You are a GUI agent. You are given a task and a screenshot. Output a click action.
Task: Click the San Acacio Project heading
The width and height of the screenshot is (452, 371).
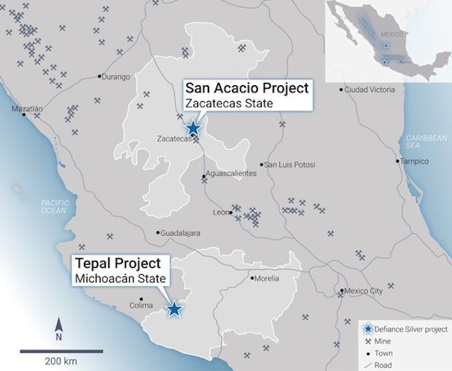[246, 88]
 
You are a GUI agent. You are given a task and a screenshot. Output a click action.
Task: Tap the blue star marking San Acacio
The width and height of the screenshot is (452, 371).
[193, 129]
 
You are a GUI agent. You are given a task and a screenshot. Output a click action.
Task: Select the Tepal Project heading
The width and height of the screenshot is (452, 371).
[120, 263]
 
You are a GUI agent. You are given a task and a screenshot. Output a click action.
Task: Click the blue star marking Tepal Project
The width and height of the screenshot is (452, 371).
[174, 309]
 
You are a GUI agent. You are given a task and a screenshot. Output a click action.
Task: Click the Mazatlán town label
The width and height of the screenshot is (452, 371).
[27, 109]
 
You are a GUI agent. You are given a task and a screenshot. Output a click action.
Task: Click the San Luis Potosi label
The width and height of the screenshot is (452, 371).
[290, 164]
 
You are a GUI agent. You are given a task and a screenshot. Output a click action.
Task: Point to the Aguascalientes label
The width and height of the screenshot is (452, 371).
[231, 175]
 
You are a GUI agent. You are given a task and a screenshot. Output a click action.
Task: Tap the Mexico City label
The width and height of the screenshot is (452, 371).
[362, 292]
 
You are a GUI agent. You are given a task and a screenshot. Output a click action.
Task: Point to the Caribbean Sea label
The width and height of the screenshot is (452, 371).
[426, 141]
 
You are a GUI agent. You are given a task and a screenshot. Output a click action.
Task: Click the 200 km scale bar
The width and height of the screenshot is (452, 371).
[61, 351]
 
